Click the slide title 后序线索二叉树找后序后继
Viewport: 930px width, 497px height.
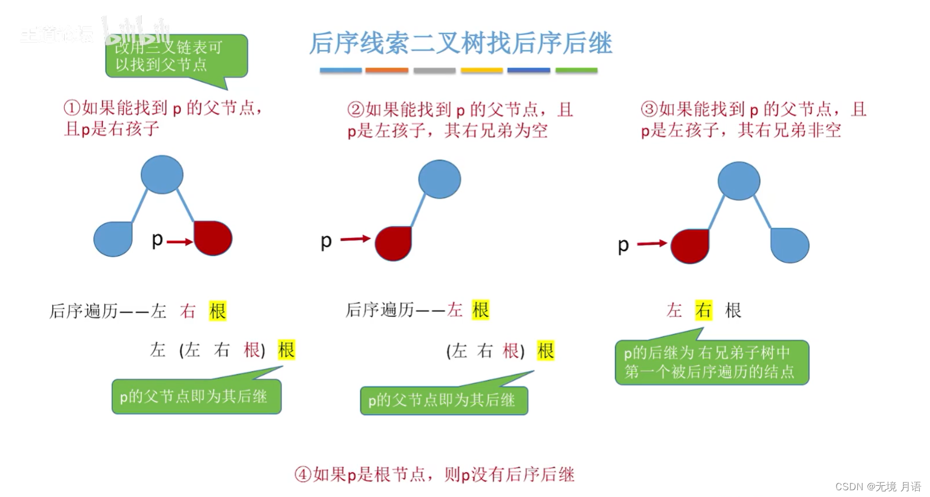(x=460, y=43)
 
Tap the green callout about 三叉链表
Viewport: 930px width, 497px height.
(x=176, y=56)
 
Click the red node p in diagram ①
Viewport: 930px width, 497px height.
(x=213, y=238)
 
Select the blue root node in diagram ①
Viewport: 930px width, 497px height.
(x=162, y=174)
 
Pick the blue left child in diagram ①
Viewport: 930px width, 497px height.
(x=113, y=239)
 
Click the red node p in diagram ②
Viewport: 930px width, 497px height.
(x=394, y=243)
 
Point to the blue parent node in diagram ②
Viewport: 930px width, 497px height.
(x=440, y=179)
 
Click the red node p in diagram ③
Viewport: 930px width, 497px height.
(x=690, y=246)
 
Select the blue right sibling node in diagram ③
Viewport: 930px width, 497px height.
(x=790, y=245)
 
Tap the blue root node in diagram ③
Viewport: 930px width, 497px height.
(x=739, y=181)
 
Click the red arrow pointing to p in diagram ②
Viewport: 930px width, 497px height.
(x=355, y=239)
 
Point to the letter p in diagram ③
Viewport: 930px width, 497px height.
(x=623, y=245)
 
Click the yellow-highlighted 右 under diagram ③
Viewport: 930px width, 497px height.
(x=703, y=310)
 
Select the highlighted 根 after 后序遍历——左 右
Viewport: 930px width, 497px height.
(x=217, y=311)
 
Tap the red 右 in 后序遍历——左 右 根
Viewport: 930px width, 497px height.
(x=188, y=311)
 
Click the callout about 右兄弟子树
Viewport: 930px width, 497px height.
(x=712, y=362)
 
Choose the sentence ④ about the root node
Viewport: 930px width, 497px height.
(x=435, y=474)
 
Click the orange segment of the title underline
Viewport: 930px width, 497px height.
(x=387, y=70)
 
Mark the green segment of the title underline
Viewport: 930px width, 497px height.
(x=576, y=70)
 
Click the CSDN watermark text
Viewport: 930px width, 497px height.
(x=878, y=486)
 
